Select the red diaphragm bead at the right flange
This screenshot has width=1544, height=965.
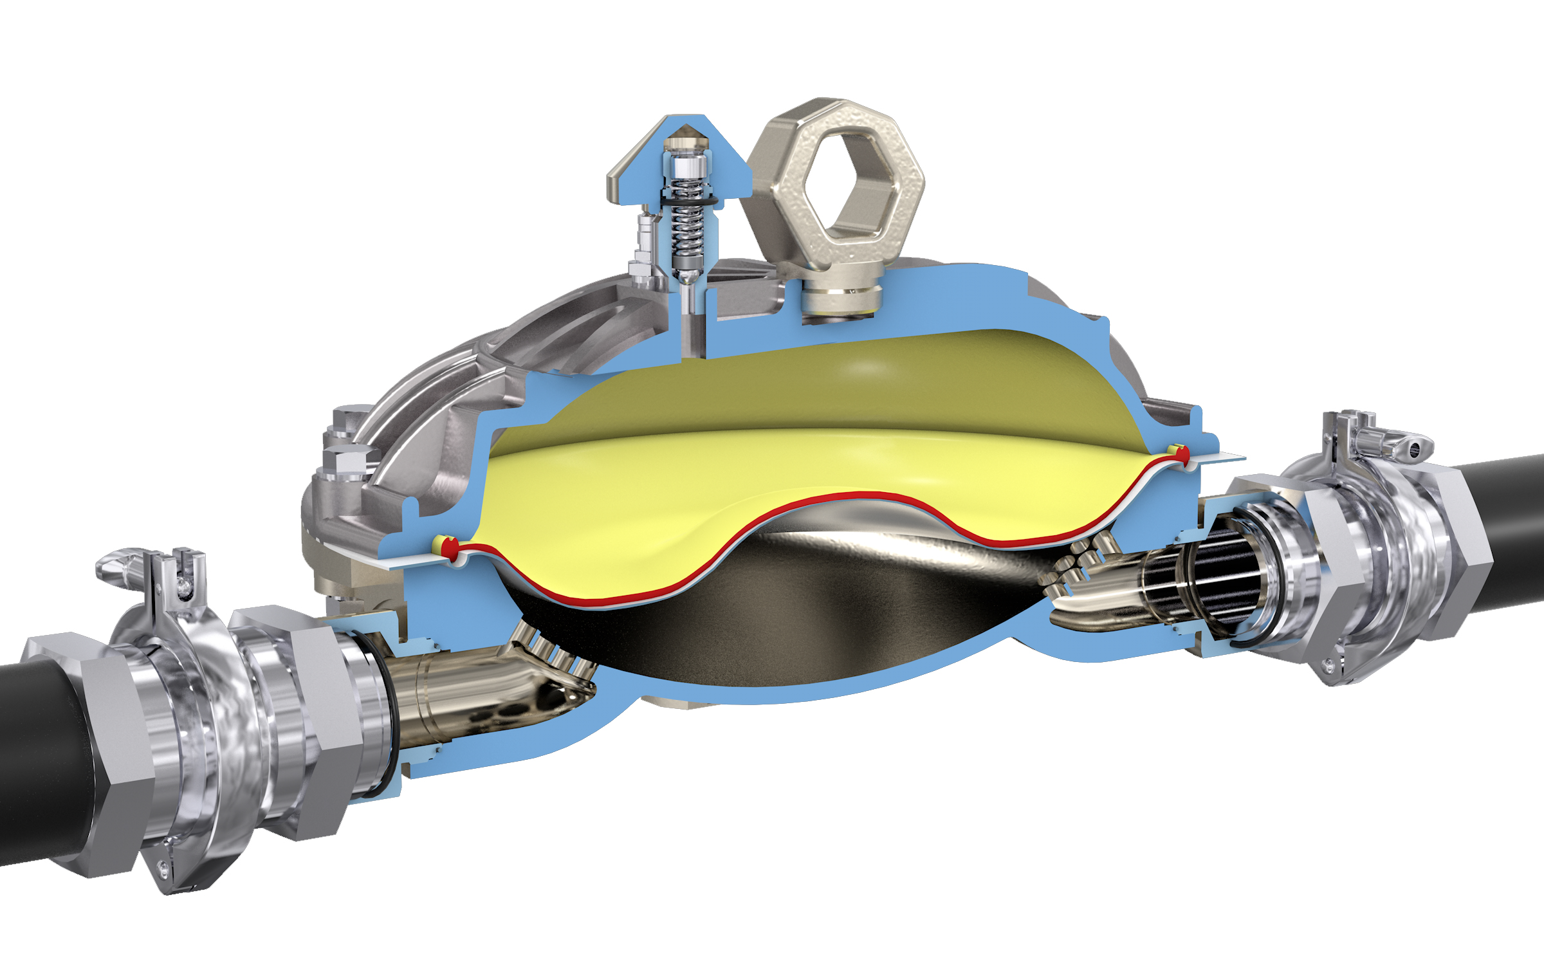pyautogui.click(x=1182, y=455)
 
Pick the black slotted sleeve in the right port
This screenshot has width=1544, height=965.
pyautogui.click(x=1209, y=579)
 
